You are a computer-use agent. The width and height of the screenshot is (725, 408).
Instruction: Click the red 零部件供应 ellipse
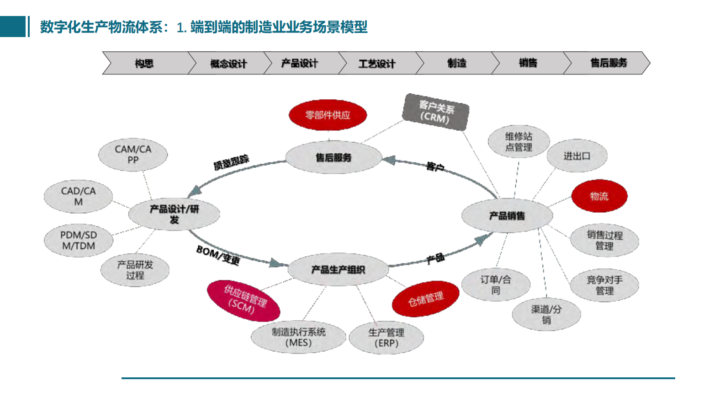[x=328, y=115]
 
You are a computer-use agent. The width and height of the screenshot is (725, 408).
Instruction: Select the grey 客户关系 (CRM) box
[x=435, y=112]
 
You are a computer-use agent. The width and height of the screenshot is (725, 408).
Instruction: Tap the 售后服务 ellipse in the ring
[x=333, y=157]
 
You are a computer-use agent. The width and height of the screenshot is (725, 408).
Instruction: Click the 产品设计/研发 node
[x=174, y=214]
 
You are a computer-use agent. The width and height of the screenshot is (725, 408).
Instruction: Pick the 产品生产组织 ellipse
[x=338, y=270]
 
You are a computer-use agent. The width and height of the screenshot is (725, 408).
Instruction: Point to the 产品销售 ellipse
[x=507, y=216]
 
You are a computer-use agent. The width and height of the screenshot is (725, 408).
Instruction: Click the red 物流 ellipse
[x=599, y=196]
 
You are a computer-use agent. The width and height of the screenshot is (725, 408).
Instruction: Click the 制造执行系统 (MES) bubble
[x=298, y=338]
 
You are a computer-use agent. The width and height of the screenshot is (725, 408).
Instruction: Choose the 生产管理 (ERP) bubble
[x=386, y=338]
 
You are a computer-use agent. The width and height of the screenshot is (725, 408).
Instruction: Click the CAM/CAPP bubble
[x=133, y=155]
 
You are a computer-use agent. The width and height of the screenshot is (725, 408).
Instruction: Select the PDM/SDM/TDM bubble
[x=79, y=241]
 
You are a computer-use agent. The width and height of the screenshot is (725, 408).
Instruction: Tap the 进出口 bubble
[x=577, y=156]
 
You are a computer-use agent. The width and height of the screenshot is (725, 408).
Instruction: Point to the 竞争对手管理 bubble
[x=604, y=285]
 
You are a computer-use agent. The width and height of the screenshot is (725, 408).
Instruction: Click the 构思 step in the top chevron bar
[x=144, y=63]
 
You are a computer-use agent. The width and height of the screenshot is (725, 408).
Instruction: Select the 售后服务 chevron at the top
[x=608, y=63]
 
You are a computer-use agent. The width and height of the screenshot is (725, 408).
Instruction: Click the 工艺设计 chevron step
[x=376, y=64]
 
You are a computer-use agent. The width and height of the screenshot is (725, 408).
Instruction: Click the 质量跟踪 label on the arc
[x=231, y=162]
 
